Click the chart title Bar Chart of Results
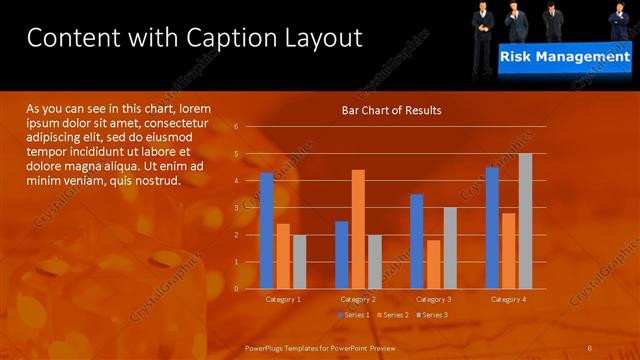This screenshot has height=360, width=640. pyautogui.click(x=391, y=110)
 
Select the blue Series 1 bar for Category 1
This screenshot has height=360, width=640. pyautogui.click(x=266, y=231)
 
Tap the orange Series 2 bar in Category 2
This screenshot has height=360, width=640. pyautogui.click(x=358, y=229)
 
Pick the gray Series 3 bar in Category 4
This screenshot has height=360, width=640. pyautogui.click(x=525, y=221)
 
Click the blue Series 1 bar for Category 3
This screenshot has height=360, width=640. pyautogui.click(x=417, y=241)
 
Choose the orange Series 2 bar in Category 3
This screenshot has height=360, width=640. pyautogui.click(x=433, y=264)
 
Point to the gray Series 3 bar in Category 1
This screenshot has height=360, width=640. pyautogui.click(x=299, y=261)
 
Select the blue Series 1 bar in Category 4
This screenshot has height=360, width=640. pyautogui.click(x=492, y=228)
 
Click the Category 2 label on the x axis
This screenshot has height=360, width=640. pyautogui.click(x=358, y=299)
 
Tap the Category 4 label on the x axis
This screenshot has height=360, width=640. pyautogui.click(x=508, y=299)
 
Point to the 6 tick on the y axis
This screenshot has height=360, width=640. pyautogui.click(x=236, y=127)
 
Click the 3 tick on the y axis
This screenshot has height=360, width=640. pyautogui.click(x=236, y=208)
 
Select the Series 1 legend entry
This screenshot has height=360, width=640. pyautogui.click(x=355, y=315)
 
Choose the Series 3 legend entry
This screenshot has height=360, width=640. pyautogui.click(x=432, y=315)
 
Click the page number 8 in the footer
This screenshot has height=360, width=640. pyautogui.click(x=590, y=347)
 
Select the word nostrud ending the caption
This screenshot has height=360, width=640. pyautogui.click(x=156, y=181)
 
